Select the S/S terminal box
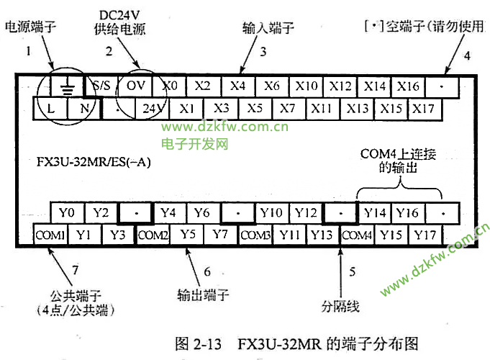101,86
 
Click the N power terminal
83,109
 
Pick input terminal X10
307,86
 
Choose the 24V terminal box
151,109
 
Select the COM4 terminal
357,235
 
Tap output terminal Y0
67,212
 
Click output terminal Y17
427,235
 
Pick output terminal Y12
307,212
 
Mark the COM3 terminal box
255,235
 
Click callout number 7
74,271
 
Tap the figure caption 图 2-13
203,343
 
